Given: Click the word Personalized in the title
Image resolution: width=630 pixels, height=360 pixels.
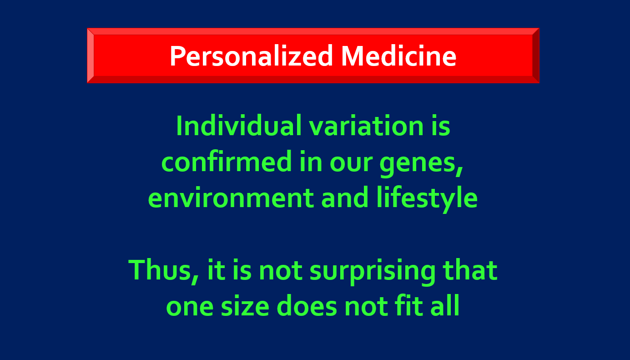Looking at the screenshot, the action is pyautogui.click(x=252, y=56).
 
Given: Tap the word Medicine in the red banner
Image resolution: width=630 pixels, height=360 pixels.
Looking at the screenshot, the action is pyautogui.click(x=399, y=56).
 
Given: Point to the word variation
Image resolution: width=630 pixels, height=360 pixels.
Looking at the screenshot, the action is pyautogui.click(x=367, y=126).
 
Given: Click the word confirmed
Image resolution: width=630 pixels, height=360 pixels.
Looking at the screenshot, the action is pyautogui.click(x=227, y=162).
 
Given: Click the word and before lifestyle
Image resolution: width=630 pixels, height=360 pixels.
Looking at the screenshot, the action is pyautogui.click(x=345, y=198).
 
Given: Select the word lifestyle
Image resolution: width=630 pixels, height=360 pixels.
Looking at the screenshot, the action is pyautogui.click(x=427, y=198).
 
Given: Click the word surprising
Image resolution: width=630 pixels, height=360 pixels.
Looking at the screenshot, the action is pyautogui.click(x=373, y=272).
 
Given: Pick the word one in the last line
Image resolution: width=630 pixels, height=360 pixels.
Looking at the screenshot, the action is pyautogui.click(x=190, y=307).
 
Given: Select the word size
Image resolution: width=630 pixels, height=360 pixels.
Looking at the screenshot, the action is pyautogui.click(x=245, y=306).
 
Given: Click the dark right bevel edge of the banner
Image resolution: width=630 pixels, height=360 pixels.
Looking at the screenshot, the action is pyautogui.click(x=536, y=56).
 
